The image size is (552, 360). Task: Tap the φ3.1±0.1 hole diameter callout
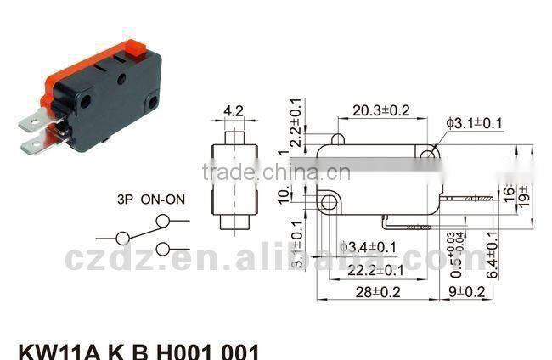[x=476, y=123]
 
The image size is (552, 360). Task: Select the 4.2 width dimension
[x=234, y=110]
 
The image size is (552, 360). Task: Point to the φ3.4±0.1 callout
[x=369, y=247]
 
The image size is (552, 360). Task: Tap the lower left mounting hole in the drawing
[x=327, y=203]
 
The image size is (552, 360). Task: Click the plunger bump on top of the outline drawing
[x=337, y=138]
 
